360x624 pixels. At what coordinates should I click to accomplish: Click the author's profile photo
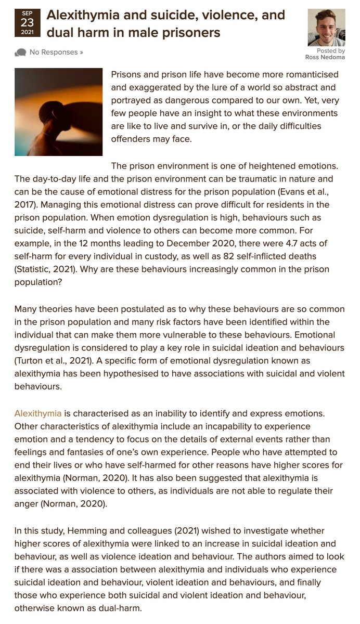coord(327,28)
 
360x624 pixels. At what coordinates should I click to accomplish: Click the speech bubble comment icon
coord(21,52)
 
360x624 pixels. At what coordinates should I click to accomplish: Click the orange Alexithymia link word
coord(38,413)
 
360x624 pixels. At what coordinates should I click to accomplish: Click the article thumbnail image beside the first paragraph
coord(58,112)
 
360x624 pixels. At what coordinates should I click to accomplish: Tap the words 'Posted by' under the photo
coord(330,51)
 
